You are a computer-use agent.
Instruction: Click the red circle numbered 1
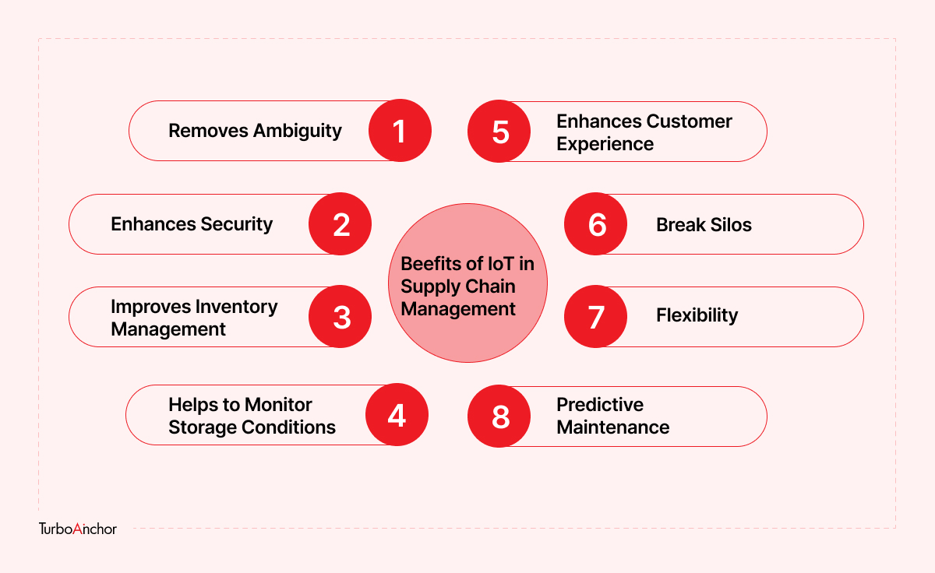(x=400, y=131)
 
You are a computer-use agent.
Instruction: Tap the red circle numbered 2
(x=340, y=224)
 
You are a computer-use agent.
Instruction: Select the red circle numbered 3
(x=340, y=317)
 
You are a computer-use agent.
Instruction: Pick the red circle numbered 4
(x=397, y=414)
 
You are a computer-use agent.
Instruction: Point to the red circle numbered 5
(x=499, y=132)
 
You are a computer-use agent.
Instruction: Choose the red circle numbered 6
(x=595, y=224)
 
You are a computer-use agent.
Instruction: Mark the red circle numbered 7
(x=595, y=317)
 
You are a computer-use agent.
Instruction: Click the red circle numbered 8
(x=499, y=417)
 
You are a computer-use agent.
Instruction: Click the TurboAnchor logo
(x=78, y=529)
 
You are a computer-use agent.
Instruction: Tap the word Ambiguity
(x=298, y=132)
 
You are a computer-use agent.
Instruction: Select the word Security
(x=237, y=225)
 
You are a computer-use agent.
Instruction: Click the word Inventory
(x=236, y=308)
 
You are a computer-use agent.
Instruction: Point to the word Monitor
(x=278, y=405)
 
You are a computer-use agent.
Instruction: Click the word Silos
(x=731, y=225)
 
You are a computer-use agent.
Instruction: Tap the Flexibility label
(x=697, y=315)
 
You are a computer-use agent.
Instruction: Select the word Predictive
(x=600, y=405)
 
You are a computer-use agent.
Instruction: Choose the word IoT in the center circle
(x=501, y=264)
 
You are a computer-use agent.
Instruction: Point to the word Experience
(x=605, y=145)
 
